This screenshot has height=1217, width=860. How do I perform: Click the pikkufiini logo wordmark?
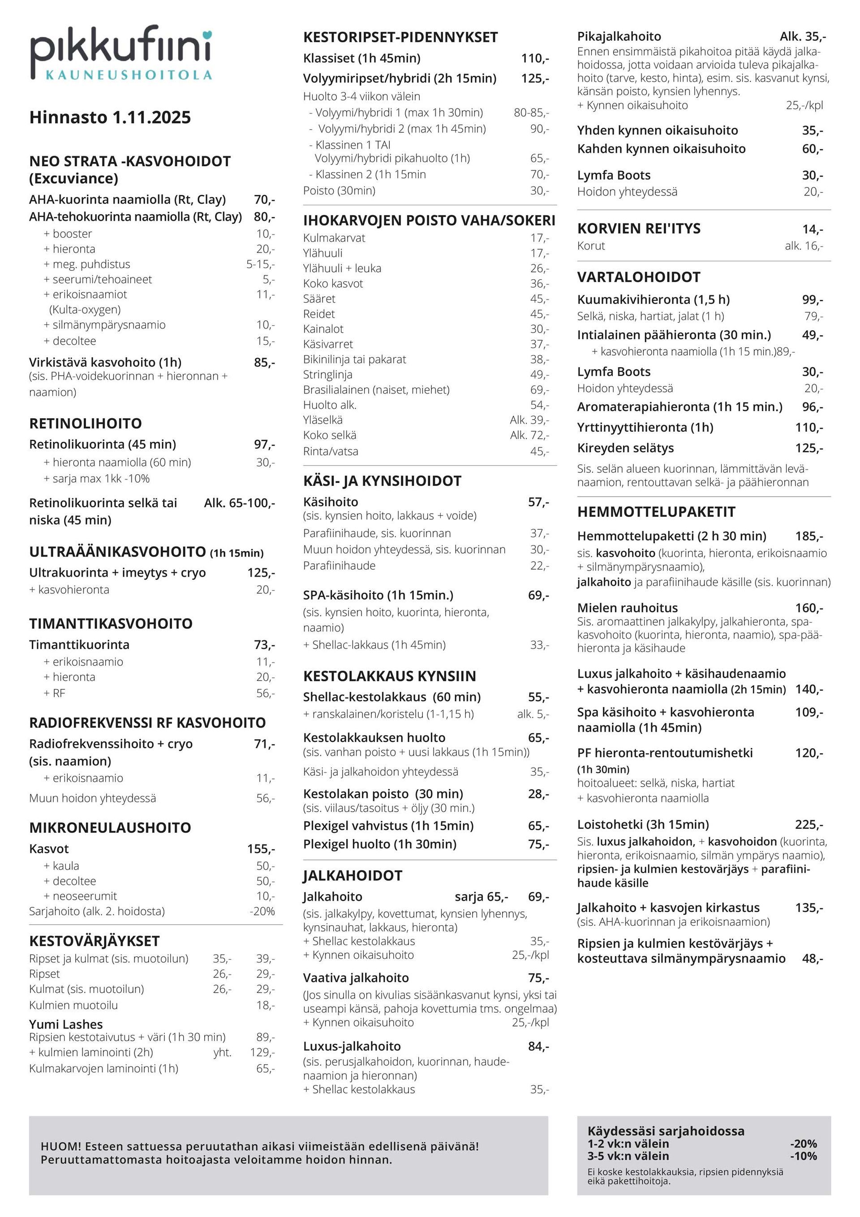click(121, 48)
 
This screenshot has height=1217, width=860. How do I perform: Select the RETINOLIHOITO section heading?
click(85, 424)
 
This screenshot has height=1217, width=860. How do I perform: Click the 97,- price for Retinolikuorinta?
click(264, 444)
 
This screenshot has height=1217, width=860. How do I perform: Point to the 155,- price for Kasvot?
click(261, 849)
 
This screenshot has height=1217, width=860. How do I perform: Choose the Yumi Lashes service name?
click(66, 1024)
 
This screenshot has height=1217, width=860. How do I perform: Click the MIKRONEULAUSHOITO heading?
click(110, 827)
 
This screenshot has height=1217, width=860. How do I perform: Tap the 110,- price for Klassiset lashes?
click(535, 58)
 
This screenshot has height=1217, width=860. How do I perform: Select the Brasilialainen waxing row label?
click(376, 390)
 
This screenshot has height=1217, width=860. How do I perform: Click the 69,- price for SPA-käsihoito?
click(538, 595)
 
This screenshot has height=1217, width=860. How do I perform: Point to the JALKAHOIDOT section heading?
click(353, 875)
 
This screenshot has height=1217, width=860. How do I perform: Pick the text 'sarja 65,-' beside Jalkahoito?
click(482, 897)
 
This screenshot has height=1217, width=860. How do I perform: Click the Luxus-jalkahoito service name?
click(352, 1046)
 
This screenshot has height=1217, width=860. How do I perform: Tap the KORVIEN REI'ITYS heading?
click(639, 229)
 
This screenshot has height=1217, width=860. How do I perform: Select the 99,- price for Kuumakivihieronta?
click(813, 299)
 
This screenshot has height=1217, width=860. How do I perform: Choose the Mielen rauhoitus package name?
click(627, 607)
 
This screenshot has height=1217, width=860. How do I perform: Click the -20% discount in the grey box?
click(803, 1144)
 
